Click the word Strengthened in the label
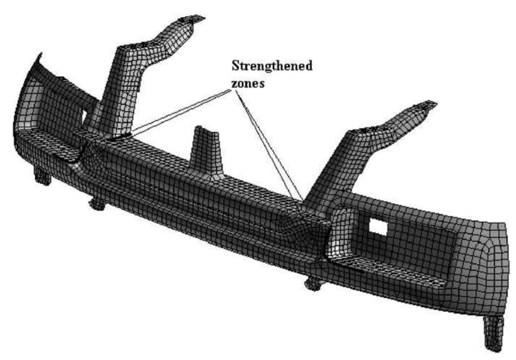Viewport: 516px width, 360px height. pyautogui.click(x=272, y=66)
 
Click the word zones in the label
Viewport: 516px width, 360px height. pyautogui.click(x=248, y=83)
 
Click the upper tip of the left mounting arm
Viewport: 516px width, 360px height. pyautogui.click(x=193, y=19)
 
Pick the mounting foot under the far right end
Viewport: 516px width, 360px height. pyautogui.click(x=494, y=333)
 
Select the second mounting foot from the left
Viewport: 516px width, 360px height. pyautogui.click(x=98, y=204)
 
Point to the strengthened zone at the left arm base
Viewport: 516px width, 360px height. pyautogui.click(x=115, y=138)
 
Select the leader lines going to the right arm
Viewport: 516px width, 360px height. pyautogui.click(x=268, y=145)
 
